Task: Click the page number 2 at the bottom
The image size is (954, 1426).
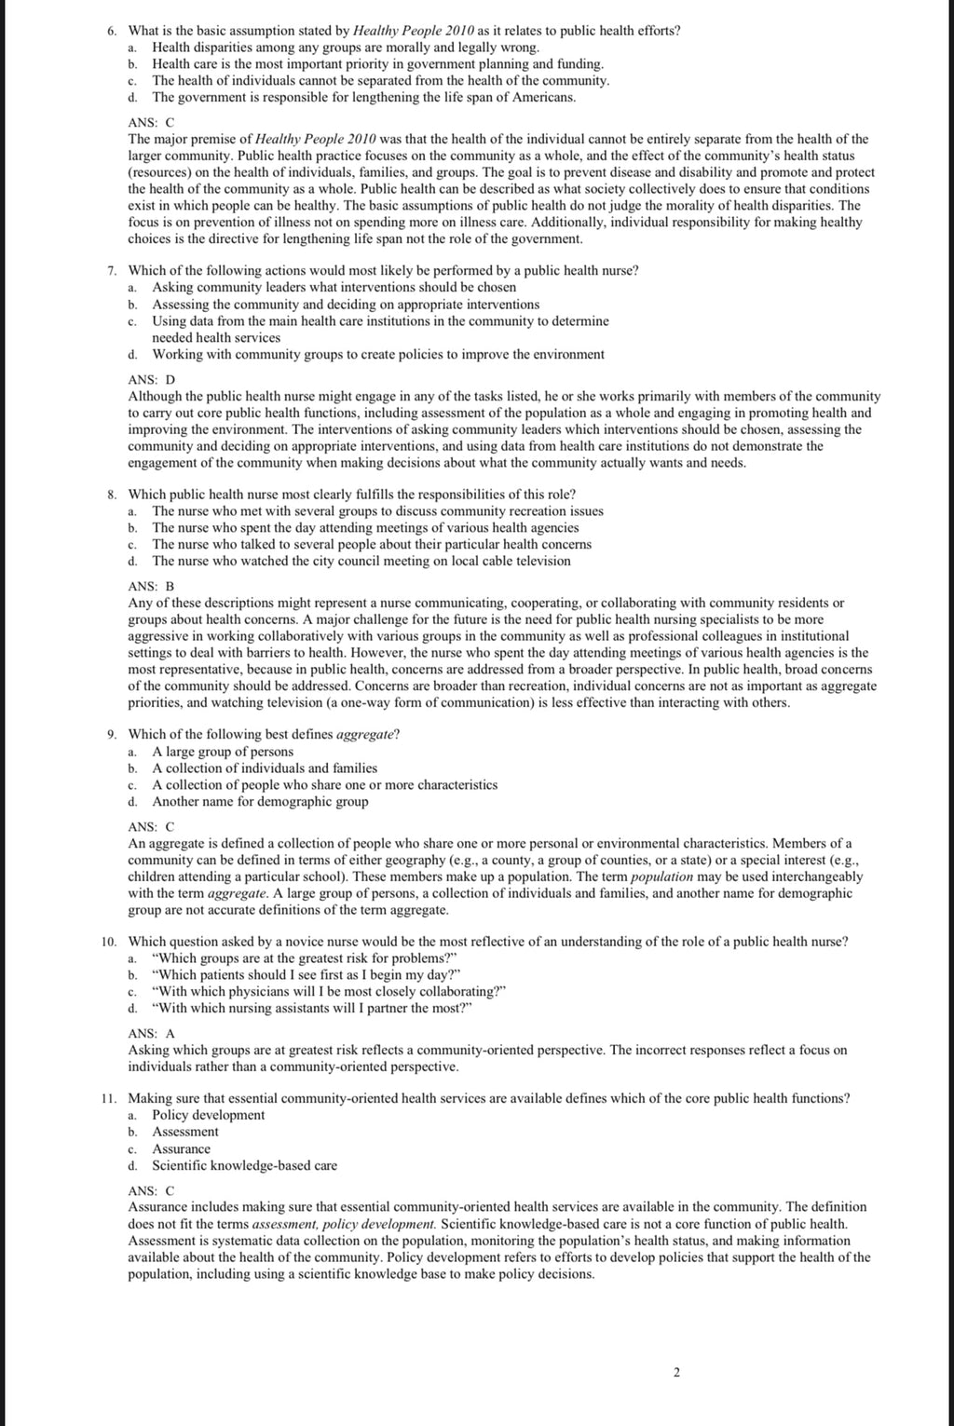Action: click(x=676, y=1346)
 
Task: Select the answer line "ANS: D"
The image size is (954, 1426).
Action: click(x=151, y=379)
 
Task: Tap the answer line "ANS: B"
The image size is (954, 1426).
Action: click(x=151, y=586)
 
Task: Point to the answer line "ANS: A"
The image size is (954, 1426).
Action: click(x=151, y=1033)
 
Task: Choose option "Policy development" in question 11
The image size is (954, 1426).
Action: click(x=208, y=1115)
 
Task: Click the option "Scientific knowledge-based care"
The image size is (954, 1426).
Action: click(x=244, y=1165)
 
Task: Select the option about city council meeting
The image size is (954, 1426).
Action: click(x=361, y=561)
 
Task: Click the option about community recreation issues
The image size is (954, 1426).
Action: click(x=377, y=510)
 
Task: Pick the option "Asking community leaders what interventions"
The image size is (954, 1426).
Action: click(x=334, y=287)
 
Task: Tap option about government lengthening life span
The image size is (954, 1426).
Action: click(x=363, y=97)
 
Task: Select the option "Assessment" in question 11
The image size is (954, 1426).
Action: click(x=185, y=1132)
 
